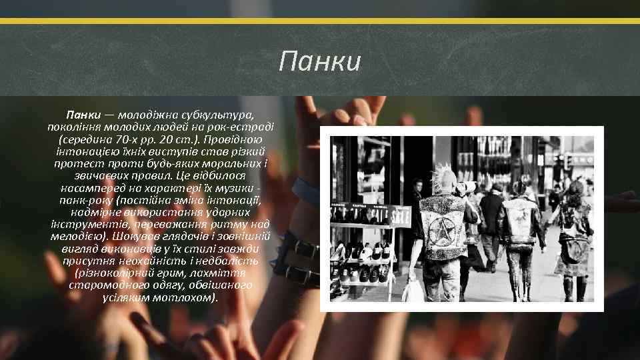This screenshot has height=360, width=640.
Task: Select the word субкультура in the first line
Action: tap(216, 115)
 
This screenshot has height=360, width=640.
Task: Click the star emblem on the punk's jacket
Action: tap(442, 229)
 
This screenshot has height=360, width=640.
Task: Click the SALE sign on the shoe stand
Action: tap(400, 217)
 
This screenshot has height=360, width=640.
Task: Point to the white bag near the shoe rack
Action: tap(413, 289)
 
